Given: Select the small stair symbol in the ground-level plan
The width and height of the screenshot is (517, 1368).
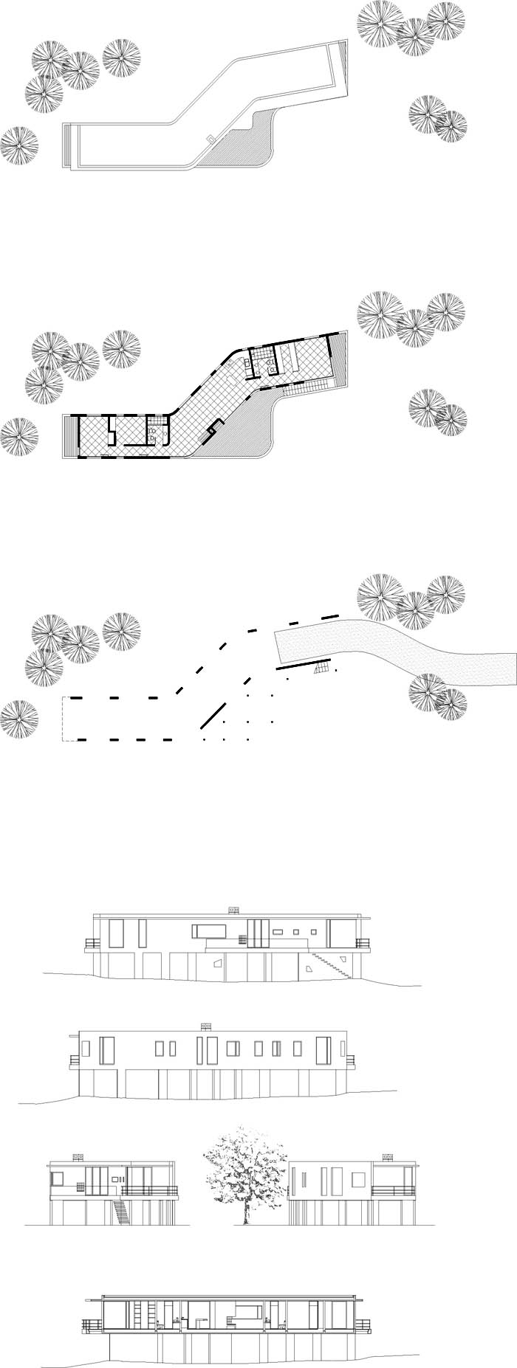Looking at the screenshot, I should [x=320, y=668].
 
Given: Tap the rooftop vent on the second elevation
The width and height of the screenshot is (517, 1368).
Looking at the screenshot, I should [x=205, y=1025].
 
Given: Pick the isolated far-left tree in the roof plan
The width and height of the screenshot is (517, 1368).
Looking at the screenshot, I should [x=18, y=145].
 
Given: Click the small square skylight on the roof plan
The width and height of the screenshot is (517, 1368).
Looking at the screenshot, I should [x=211, y=138].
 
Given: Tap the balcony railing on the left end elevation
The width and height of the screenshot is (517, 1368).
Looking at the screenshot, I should [x=151, y=1189].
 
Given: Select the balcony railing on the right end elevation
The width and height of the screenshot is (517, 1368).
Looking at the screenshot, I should [x=391, y=1189].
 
